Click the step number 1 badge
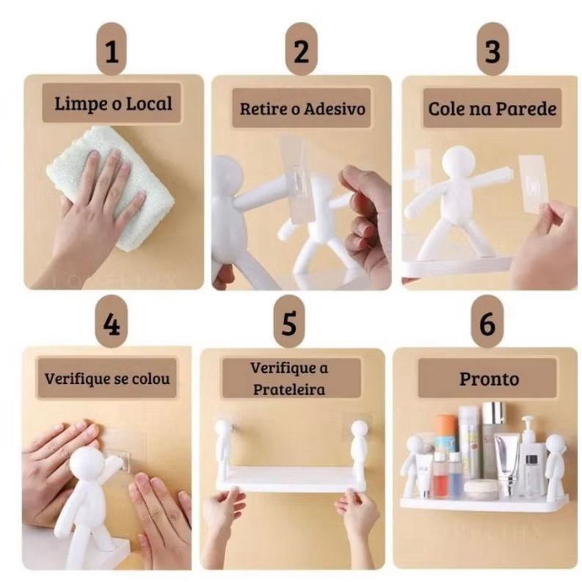pos(112,49)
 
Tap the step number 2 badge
pos(301,49)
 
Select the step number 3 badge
pos(492,49)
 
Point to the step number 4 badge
pos(112,322)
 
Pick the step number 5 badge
pos(289,322)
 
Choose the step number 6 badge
pos(487,322)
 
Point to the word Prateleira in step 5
pos(288,390)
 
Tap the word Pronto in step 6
pos(490,379)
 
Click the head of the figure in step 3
pos(458,164)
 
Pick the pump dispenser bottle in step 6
pos(530,456)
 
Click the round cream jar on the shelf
pos(481,490)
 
